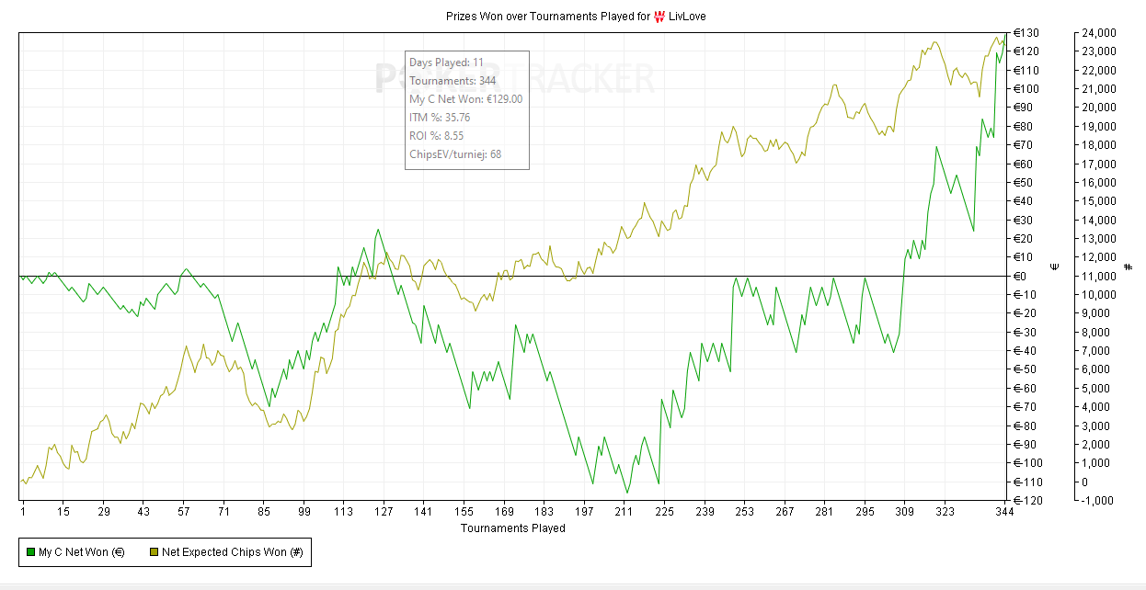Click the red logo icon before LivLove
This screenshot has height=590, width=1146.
659,16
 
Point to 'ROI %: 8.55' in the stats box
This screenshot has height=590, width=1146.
436,136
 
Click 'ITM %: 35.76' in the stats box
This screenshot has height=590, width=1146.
440,118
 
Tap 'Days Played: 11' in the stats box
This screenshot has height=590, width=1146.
446,62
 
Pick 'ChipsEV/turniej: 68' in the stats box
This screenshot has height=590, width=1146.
455,154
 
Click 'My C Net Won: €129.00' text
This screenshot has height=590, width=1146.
465,99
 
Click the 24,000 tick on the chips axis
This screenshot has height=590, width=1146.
1099,33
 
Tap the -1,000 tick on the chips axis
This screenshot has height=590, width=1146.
1099,500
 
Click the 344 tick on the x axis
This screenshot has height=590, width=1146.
1004,513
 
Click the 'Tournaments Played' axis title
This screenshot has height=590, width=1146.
512,528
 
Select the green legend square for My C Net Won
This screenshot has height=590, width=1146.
29,552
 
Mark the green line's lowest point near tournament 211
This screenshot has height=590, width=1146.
626,494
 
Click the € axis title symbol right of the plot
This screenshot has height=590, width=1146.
1055,267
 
